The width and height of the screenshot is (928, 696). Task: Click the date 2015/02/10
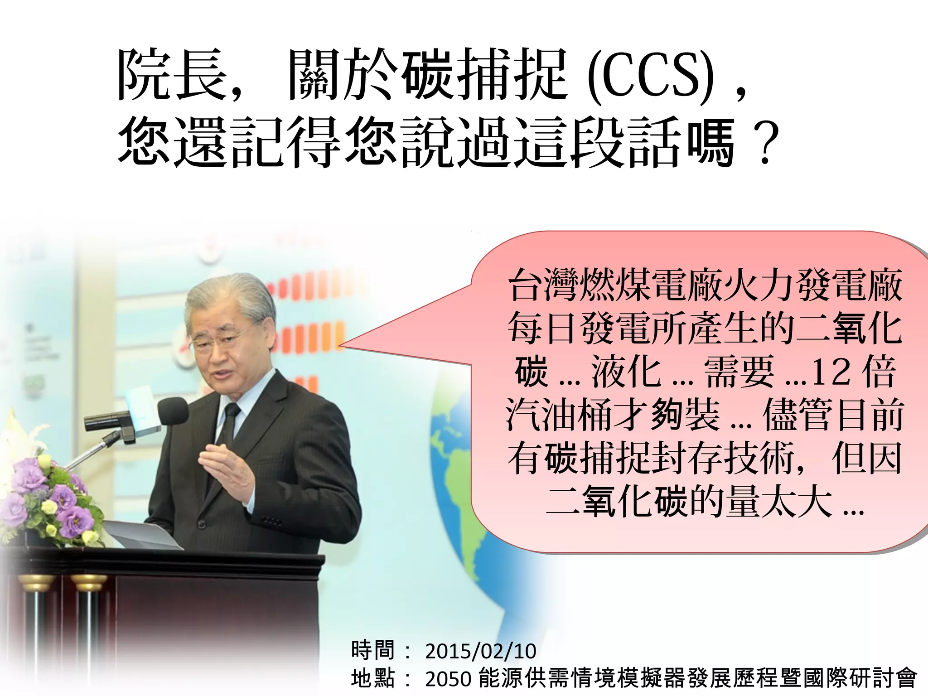[x=480, y=652]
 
